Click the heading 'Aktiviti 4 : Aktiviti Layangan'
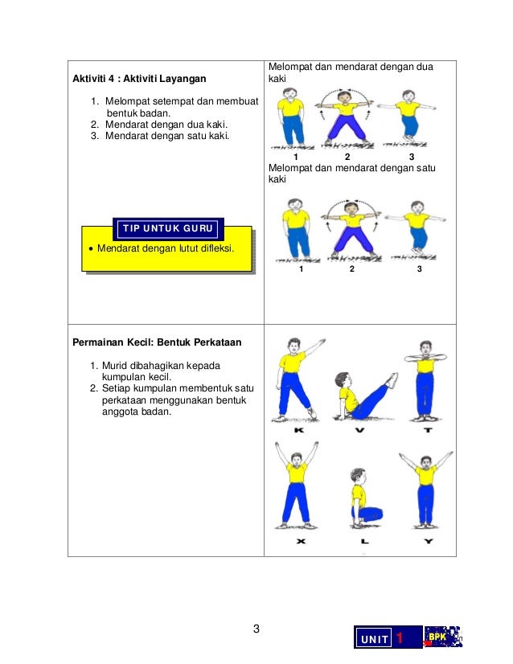tap(138, 79)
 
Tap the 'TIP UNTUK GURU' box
tap(170, 229)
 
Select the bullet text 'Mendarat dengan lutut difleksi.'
tap(165, 248)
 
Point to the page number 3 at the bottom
tap(256, 629)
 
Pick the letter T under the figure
tap(429, 430)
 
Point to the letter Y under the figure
tap(429, 542)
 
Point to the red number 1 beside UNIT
tap(400, 638)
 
